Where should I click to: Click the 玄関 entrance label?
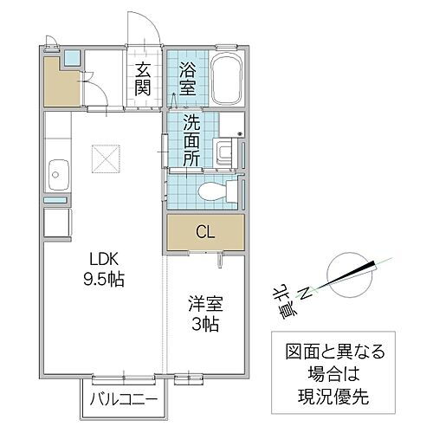point(144,79)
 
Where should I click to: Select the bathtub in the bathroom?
point(227,79)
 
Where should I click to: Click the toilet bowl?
point(214,191)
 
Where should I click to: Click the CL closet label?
point(205,231)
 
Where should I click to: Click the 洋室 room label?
point(205,305)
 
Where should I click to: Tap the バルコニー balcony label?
point(121,400)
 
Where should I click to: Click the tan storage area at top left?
point(60,81)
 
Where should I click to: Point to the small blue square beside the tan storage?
point(70,58)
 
